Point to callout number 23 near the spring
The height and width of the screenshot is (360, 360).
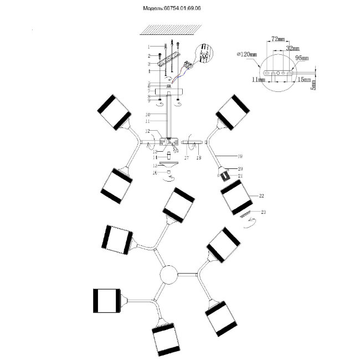tap(264, 211)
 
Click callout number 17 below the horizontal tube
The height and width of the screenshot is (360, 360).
tap(186, 158)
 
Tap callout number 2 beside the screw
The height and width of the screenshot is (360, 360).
tap(148, 56)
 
